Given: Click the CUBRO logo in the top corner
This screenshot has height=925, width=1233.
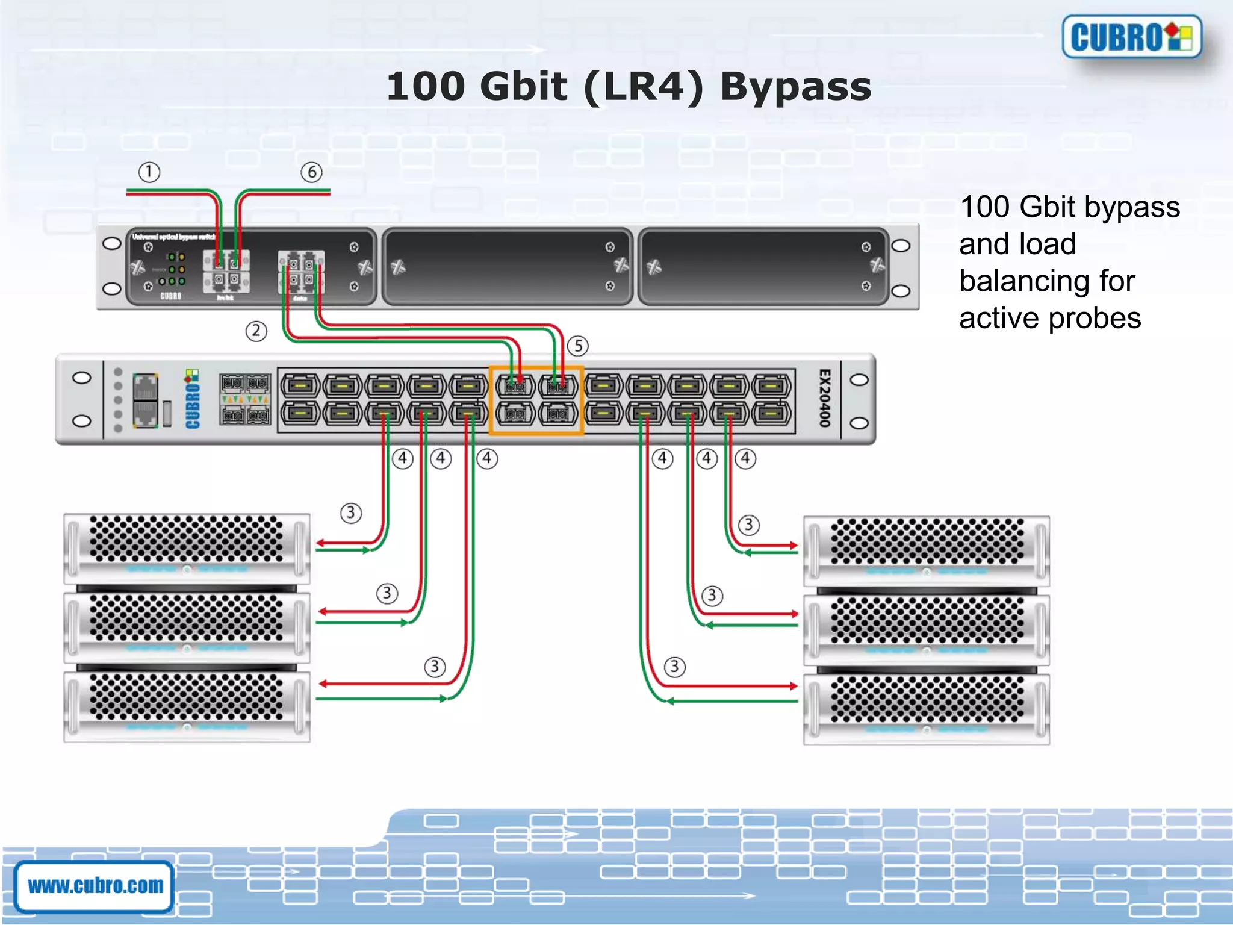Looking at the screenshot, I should [1132, 37].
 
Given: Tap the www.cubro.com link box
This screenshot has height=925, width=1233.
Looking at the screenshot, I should [95, 886].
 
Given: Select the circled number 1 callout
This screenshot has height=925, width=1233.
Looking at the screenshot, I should [149, 172].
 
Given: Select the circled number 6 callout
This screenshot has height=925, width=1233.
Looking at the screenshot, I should [311, 172].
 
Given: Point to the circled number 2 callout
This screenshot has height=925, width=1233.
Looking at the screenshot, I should [256, 331].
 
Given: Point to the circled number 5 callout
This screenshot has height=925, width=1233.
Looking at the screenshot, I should [578, 346].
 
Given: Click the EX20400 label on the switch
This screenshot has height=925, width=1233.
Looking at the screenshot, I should [825, 399].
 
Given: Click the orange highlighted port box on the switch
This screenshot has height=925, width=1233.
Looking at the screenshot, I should [536, 400].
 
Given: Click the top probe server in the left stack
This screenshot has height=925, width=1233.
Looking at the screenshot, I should [187, 548].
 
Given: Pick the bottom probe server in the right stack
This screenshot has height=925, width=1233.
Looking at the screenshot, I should [926, 709].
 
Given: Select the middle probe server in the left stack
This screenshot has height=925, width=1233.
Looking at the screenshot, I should [187, 627].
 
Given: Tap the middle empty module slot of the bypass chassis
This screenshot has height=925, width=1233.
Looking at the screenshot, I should [507, 266].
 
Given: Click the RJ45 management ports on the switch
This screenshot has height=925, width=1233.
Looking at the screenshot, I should [145, 400].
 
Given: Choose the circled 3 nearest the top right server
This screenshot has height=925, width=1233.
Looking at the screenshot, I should [748, 525].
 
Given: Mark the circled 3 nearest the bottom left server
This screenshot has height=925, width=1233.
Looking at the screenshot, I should [435, 667].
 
